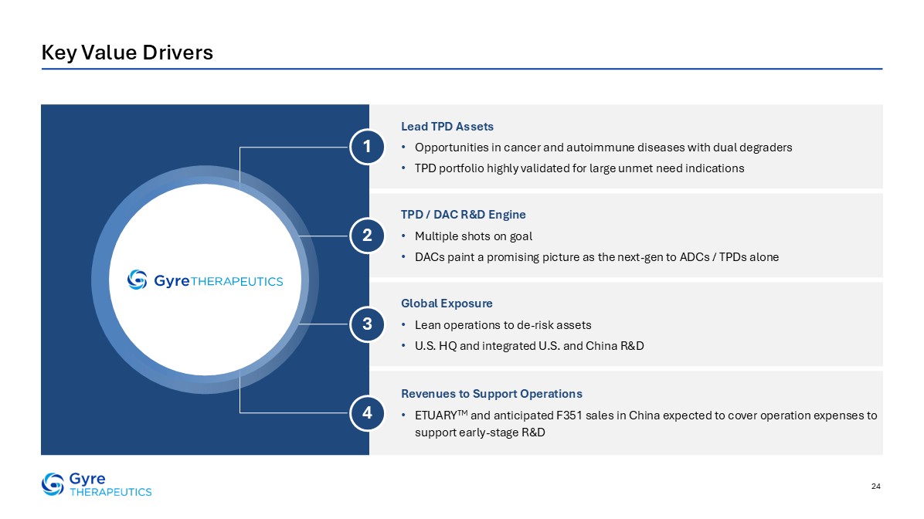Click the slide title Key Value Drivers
pyautogui.click(x=127, y=53)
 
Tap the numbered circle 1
pyautogui.click(x=367, y=147)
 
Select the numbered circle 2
pyautogui.click(x=367, y=236)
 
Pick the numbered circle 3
pyautogui.click(x=367, y=324)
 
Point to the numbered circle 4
pyautogui.click(x=367, y=413)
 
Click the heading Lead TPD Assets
pyautogui.click(x=447, y=127)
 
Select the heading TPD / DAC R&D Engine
pyautogui.click(x=464, y=215)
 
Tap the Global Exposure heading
pyautogui.click(x=447, y=304)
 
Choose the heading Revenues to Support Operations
pyautogui.click(x=491, y=394)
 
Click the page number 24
pyautogui.click(x=875, y=486)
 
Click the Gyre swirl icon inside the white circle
pyautogui.click(x=138, y=280)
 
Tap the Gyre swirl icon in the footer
pyautogui.click(x=53, y=484)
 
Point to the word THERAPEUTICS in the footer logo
pyautogui.click(x=110, y=492)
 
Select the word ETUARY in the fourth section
pyautogui.click(x=436, y=416)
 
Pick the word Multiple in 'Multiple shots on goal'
pyautogui.click(x=435, y=237)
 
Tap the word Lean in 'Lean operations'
pyautogui.click(x=427, y=325)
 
